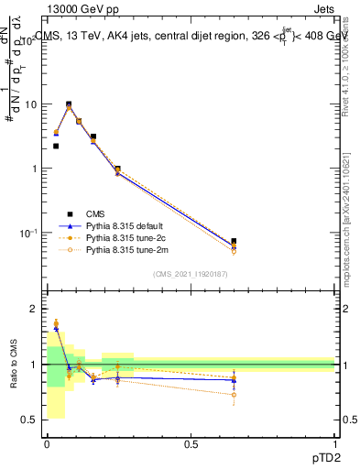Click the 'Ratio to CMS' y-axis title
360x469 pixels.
pyautogui.click(x=13, y=363)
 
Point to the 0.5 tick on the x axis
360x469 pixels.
pyautogui.click(x=191, y=442)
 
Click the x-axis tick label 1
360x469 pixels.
pyautogui.click(x=335, y=442)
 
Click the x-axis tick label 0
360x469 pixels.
pyautogui.click(x=47, y=442)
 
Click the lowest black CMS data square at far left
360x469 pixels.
pyautogui.click(x=56, y=146)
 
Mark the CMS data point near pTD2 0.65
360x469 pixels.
pyautogui.click(x=234, y=241)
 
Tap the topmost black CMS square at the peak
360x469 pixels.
pyautogui.click(x=69, y=104)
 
